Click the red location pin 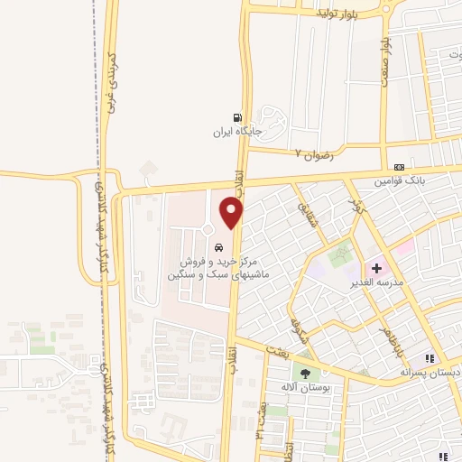[232, 211]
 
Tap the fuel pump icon [237, 117]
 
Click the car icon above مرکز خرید [218, 247]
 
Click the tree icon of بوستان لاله [306, 374]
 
